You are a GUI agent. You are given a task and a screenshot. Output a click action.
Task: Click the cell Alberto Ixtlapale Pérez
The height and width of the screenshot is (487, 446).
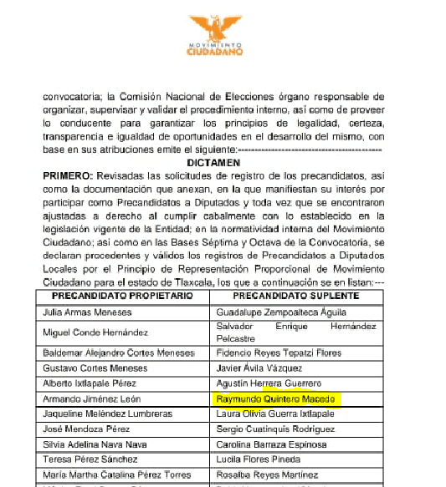pyautogui.click(x=88, y=383)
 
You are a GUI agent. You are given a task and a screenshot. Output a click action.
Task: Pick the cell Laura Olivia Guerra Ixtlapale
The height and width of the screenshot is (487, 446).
pyautogui.click(x=275, y=414)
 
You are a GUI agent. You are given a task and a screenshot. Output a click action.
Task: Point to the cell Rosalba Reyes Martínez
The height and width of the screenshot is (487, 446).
pyautogui.click(x=262, y=476)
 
